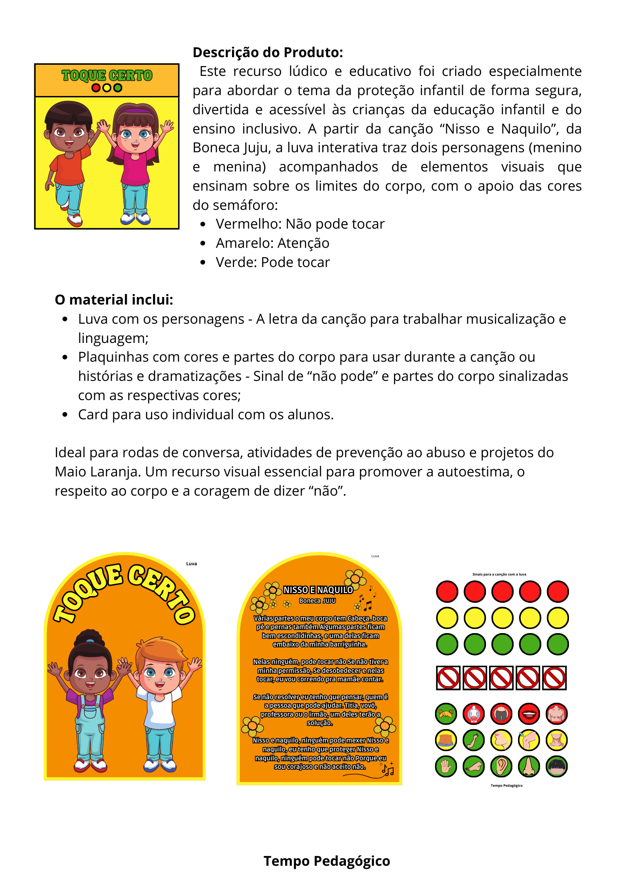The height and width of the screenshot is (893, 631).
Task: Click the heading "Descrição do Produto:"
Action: coord(268,53)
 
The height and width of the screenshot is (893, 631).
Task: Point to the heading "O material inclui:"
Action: coord(114,300)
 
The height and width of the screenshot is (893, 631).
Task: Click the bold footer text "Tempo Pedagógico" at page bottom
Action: coord(327,861)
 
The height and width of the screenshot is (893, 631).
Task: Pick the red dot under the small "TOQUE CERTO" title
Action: coord(96,88)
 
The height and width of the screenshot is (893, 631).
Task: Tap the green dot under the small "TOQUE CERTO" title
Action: coord(118,88)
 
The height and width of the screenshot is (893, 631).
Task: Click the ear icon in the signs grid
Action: coord(502,767)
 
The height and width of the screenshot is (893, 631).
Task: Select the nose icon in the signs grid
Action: coord(529,767)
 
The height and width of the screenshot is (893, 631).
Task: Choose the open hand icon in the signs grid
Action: coord(446,767)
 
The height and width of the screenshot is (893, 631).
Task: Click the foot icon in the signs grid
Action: coord(474,767)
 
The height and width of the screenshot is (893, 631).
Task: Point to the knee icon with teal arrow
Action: coord(529,740)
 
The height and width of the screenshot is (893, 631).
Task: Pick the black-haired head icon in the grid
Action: coord(557,767)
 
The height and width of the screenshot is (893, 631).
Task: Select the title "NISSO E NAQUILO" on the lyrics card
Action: coord(318,590)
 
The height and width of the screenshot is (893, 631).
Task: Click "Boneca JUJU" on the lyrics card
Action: coord(317,601)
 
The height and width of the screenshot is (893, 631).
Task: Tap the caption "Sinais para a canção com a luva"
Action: coord(499,575)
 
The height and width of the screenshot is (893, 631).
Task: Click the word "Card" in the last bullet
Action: coord(93,415)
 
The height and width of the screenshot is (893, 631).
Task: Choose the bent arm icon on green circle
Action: coord(474,740)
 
